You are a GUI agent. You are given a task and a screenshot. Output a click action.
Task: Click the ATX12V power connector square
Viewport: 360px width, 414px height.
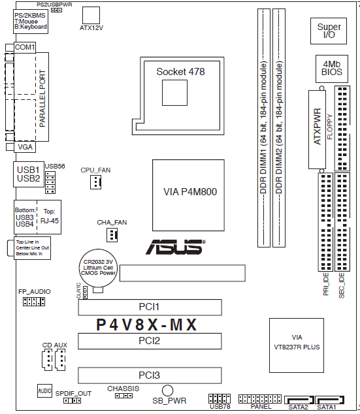(91, 15)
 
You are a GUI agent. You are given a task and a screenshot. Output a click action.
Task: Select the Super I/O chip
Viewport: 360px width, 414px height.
(329, 31)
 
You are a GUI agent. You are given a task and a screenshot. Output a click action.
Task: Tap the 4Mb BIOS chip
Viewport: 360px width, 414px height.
(332, 69)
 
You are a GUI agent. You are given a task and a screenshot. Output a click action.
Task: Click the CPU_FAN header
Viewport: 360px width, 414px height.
(95, 182)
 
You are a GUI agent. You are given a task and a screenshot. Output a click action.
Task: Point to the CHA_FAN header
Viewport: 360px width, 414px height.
(112, 235)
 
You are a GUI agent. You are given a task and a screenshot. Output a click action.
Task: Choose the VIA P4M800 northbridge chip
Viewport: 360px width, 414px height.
(188, 195)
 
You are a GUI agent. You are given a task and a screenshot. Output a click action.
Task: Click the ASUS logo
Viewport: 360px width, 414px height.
(175, 247)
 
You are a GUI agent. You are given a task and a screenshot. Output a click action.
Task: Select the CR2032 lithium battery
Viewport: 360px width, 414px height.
(98, 268)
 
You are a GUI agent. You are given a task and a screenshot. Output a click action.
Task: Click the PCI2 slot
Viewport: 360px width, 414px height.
(150, 341)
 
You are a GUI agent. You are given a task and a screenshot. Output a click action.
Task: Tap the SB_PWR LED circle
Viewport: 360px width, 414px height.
(167, 390)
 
